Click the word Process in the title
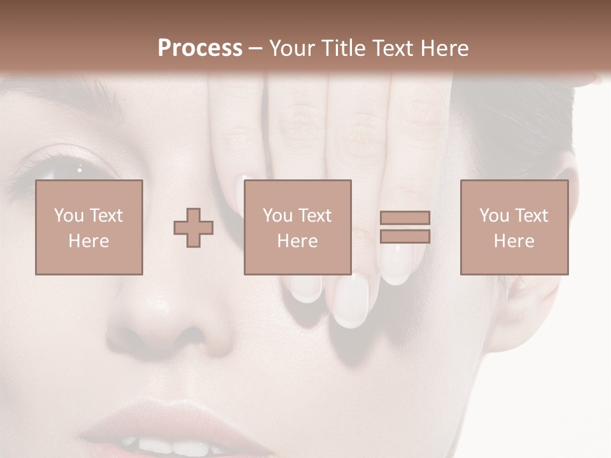pyautogui.click(x=200, y=48)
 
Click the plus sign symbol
pyautogui.click(x=193, y=228)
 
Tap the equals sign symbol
pyautogui.click(x=405, y=227)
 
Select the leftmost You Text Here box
pyautogui.click(x=89, y=227)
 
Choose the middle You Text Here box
pyautogui.click(x=298, y=227)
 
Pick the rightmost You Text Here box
pyautogui.click(x=514, y=227)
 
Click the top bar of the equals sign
pyautogui.click(x=405, y=218)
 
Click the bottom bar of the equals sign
pyautogui.click(x=405, y=237)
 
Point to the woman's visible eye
pyautogui.click(x=64, y=170)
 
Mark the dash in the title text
pyautogui.click(x=256, y=48)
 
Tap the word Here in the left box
pyautogui.click(x=89, y=241)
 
